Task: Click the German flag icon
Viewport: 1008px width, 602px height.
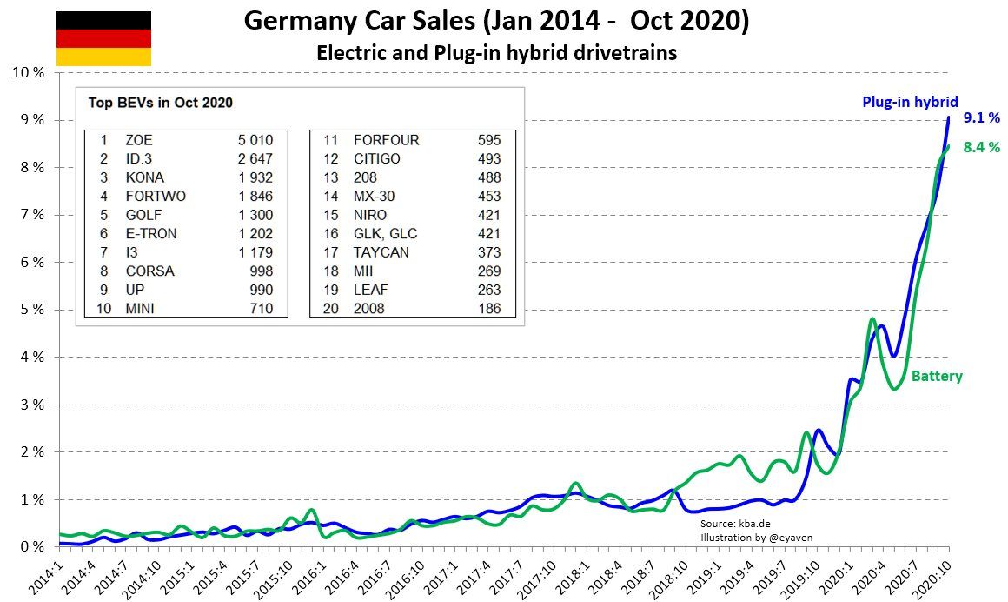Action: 103,38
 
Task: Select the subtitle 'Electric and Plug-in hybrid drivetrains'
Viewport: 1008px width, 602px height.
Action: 496,53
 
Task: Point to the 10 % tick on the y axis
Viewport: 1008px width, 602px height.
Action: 27,72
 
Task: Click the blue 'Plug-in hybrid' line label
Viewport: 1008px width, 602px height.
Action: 910,102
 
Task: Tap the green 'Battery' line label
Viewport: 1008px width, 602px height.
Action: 937,377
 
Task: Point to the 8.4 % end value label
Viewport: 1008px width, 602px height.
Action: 982,148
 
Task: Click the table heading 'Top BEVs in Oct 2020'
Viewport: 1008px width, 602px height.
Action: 160,103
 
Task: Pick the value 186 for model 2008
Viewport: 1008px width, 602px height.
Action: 489,309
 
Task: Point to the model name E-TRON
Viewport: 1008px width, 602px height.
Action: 150,233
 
